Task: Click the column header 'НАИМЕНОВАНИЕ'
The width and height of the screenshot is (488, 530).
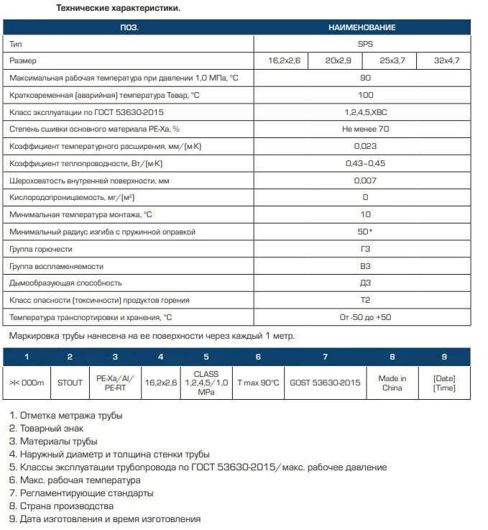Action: (x=362, y=27)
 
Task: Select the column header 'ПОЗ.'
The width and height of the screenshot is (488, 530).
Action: (x=129, y=27)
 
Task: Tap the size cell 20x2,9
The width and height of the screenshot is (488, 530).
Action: (x=335, y=61)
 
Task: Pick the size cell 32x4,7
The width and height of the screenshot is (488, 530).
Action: (x=443, y=61)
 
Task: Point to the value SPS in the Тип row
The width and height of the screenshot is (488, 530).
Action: (x=362, y=44)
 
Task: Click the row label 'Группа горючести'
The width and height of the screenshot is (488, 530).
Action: (x=41, y=249)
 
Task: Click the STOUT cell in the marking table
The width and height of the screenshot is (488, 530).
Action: (x=70, y=383)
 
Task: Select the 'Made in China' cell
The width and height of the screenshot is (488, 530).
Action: (x=392, y=383)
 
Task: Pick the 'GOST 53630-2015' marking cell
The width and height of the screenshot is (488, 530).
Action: (x=325, y=383)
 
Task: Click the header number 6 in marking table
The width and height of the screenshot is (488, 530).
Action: (x=258, y=357)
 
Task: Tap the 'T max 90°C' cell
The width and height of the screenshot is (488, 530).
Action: (x=258, y=383)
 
